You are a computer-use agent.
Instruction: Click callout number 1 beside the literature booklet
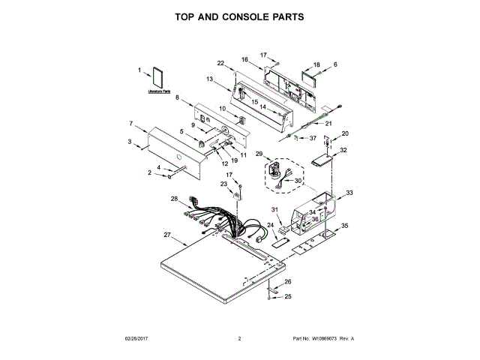[140, 72]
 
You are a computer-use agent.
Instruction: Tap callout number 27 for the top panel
[167, 236]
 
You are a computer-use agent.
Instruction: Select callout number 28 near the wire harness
[174, 199]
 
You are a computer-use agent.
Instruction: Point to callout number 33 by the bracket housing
[349, 193]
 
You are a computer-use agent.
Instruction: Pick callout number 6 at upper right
[335, 64]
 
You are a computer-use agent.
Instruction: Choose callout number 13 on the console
[210, 79]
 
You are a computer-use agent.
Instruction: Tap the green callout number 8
[178, 97]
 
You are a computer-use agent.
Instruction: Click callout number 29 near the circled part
[259, 154]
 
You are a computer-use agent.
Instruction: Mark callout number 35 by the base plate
[345, 225]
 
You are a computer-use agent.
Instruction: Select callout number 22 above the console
[220, 62]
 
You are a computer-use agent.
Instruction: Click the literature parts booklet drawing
[157, 79]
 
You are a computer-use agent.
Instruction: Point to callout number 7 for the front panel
[131, 123]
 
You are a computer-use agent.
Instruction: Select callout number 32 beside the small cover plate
[343, 150]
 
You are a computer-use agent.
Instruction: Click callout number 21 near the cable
[328, 124]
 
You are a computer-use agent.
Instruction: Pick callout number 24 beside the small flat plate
[270, 225]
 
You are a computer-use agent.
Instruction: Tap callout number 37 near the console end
[313, 138]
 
